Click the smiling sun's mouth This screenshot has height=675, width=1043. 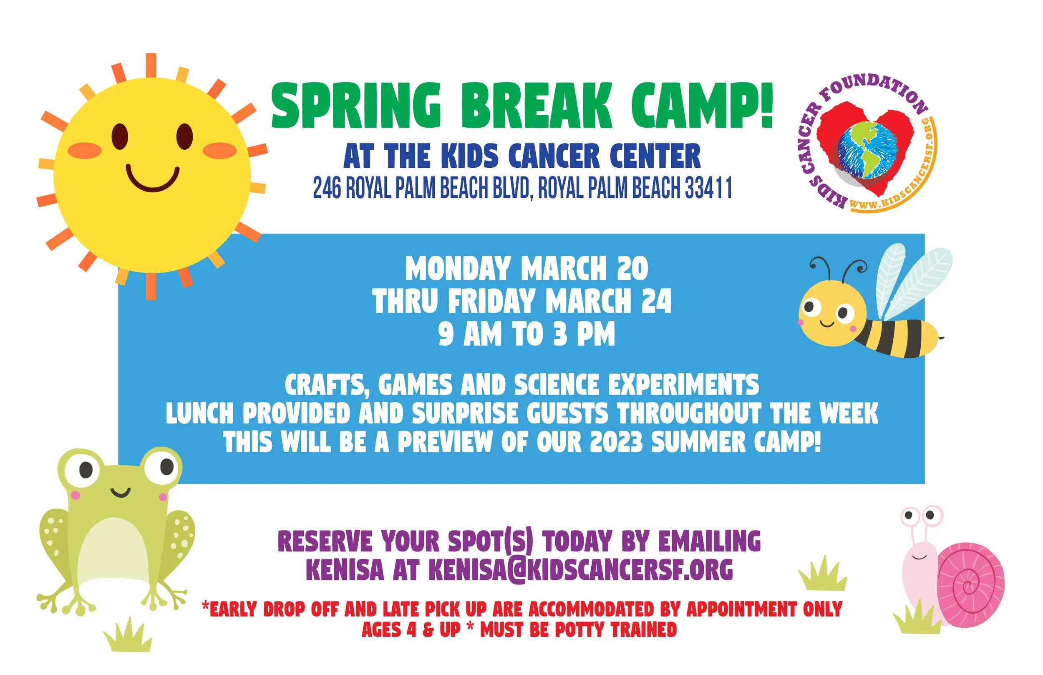coord(153,181)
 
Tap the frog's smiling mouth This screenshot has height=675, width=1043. coord(120,492)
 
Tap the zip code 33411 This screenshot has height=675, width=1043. coord(709,188)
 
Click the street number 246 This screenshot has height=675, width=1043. coord(327,188)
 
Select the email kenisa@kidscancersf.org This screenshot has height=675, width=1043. coord(580,570)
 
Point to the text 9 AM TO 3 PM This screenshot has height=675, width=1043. coord(527,335)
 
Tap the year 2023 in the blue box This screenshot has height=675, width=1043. coord(616,442)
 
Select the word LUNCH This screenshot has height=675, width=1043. coord(200,414)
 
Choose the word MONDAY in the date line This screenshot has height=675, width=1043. coord(458,268)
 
